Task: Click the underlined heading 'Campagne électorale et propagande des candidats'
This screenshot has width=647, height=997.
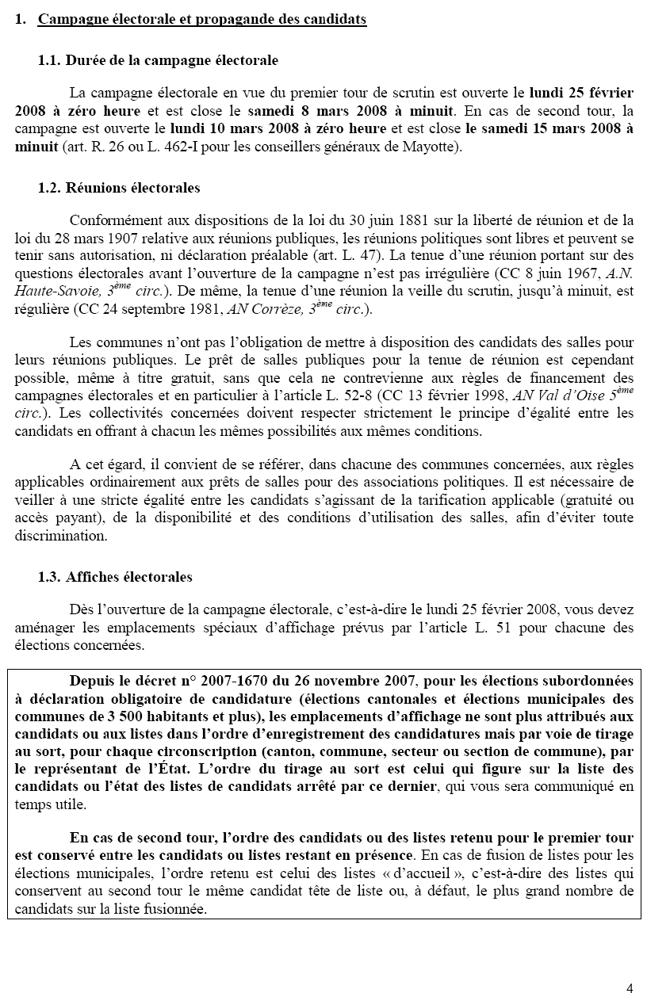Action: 202,20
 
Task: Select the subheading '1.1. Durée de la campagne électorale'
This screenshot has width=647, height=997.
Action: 158,60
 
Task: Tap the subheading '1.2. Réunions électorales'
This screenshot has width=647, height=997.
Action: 119,188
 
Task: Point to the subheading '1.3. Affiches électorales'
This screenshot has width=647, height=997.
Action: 115,577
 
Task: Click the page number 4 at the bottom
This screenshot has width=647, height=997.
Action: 630,987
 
